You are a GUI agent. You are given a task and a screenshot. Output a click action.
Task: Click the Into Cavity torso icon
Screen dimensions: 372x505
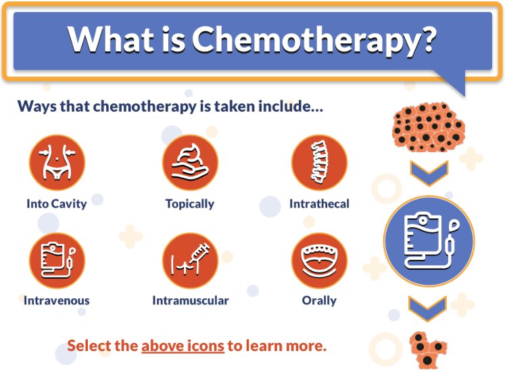point(57,163)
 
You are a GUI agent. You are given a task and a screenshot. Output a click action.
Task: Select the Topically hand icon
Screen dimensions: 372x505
point(190,163)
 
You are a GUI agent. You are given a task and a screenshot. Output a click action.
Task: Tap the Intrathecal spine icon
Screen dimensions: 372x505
point(319,163)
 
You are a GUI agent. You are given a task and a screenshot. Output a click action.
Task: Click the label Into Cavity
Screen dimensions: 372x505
point(57,204)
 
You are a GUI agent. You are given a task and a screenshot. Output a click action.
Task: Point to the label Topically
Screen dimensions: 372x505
point(190,204)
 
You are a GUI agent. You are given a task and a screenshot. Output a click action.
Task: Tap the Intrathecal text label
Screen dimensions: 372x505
point(319,204)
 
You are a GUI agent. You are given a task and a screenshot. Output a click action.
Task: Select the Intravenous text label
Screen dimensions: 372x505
point(57,300)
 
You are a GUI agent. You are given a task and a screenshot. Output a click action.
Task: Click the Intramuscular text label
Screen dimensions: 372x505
point(190,300)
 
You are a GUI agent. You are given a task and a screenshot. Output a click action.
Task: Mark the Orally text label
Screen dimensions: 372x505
point(319,300)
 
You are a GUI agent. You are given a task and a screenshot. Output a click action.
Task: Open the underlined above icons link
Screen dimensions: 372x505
point(183,346)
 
